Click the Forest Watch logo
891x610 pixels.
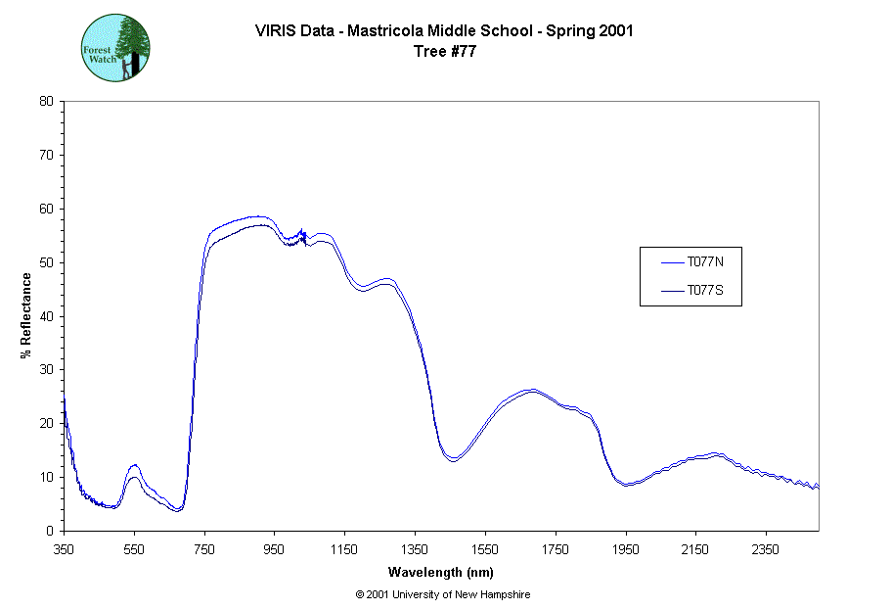(x=114, y=47)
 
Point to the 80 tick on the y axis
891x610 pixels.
(x=46, y=101)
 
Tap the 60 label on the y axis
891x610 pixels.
(x=46, y=209)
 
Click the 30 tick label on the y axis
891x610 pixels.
(x=46, y=370)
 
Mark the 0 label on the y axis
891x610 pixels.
(x=50, y=531)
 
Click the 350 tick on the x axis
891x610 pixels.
(x=64, y=549)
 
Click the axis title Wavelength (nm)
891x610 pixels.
(x=440, y=572)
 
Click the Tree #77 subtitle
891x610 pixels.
(x=445, y=52)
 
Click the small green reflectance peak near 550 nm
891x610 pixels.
(x=134, y=466)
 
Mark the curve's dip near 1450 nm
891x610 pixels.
(x=453, y=459)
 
